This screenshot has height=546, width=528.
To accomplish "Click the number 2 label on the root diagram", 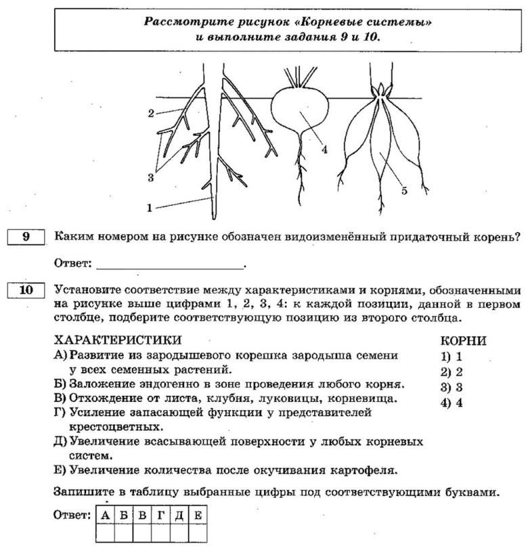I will point(152,113).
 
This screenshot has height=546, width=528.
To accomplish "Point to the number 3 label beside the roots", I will point(151,177).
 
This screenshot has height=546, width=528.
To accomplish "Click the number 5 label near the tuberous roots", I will point(404,191).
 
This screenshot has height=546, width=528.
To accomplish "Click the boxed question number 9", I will point(26,237).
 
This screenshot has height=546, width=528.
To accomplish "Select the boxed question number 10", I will point(26,291).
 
